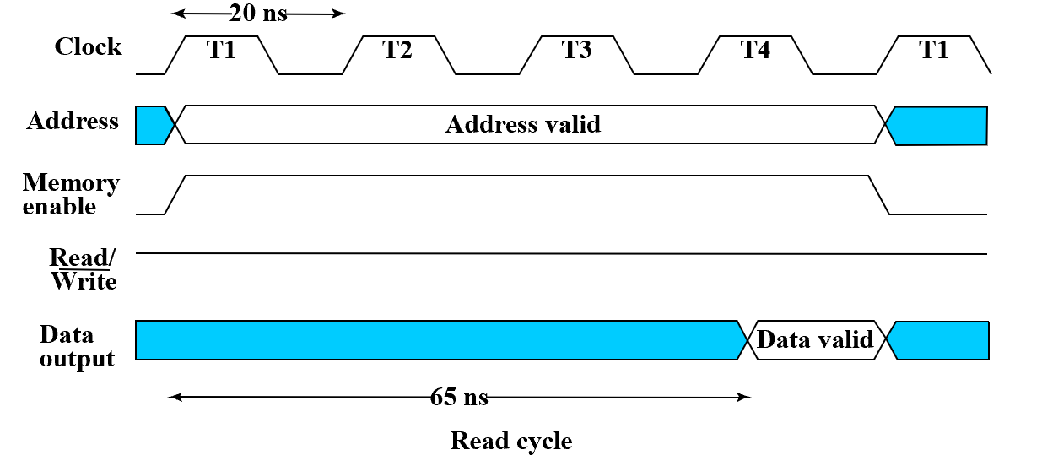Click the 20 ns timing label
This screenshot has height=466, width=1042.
point(258,14)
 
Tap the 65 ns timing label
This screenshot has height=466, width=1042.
point(458,397)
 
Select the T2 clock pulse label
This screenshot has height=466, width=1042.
point(397,50)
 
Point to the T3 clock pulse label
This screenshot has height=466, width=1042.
point(576,50)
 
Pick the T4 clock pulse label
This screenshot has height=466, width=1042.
point(755,50)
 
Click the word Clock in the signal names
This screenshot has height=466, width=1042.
point(88,46)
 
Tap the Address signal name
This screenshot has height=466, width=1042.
point(73,122)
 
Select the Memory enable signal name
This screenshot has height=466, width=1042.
point(71,194)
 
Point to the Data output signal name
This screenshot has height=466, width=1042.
point(77,346)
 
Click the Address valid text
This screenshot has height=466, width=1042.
point(522,125)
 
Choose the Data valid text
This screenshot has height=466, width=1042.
point(815,340)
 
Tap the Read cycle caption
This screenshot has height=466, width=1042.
point(511,441)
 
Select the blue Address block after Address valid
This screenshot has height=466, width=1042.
point(939,126)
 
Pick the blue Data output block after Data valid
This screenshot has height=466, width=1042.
point(941,340)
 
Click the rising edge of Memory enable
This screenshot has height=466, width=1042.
point(175,195)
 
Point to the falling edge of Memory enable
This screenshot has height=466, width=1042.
point(879,195)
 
